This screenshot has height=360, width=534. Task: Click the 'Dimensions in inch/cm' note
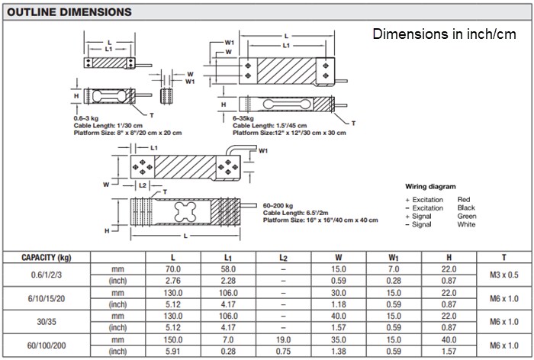444,35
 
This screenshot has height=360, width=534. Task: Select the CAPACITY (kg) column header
47,257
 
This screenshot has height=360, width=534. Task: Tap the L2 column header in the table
283,257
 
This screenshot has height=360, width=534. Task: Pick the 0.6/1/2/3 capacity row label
47,275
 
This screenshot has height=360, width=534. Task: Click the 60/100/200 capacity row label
47,345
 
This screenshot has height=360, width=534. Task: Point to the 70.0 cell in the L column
174,269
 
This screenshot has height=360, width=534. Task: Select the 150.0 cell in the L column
174,339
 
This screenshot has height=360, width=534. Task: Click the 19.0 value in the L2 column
283,339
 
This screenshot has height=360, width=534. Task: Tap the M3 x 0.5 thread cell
504,275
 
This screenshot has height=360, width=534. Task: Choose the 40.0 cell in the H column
449,339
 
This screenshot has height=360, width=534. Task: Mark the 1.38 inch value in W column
338,351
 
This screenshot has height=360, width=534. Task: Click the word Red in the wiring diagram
464,199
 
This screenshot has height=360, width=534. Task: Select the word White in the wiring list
466,224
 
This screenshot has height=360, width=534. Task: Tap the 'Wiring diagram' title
430,186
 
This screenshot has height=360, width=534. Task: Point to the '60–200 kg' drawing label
279,206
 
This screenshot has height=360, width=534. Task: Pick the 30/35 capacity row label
47,321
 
